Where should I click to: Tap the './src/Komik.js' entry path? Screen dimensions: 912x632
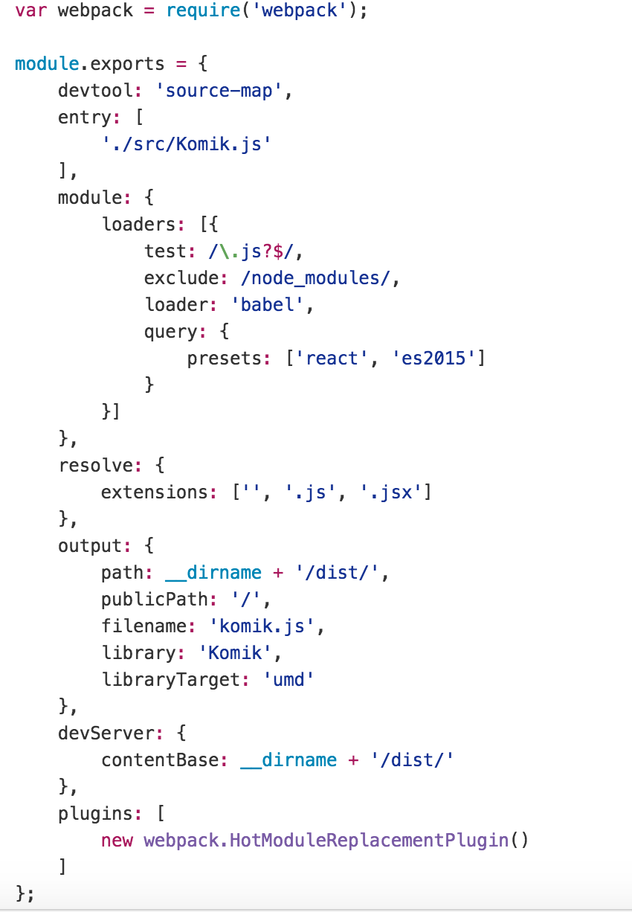[187, 144]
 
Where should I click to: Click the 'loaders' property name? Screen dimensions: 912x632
[144, 224]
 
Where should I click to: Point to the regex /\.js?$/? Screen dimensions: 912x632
[253, 251]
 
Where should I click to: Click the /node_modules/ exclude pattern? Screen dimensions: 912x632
[306, 277]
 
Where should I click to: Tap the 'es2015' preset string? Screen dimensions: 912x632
[434, 358]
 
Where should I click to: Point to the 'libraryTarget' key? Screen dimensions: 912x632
[171, 679]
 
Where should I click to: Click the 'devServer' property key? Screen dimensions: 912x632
[112, 733]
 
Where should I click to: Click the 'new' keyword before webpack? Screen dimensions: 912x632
[117, 840]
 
